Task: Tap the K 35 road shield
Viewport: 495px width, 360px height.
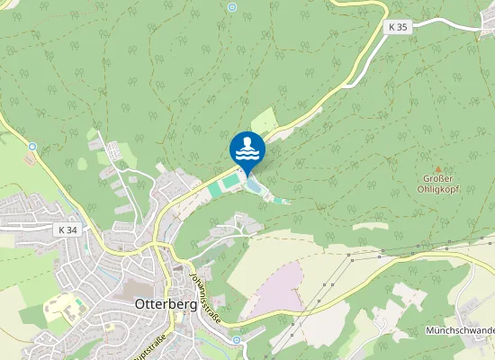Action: (399, 28)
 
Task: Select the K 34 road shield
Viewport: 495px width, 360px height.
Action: (66, 229)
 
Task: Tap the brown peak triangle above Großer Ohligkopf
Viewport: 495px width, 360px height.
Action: (438, 168)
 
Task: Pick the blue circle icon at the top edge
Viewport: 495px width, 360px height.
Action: (231, 7)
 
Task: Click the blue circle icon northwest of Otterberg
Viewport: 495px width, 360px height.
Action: (32, 146)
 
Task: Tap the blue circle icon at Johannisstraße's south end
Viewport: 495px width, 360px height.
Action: (236, 339)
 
